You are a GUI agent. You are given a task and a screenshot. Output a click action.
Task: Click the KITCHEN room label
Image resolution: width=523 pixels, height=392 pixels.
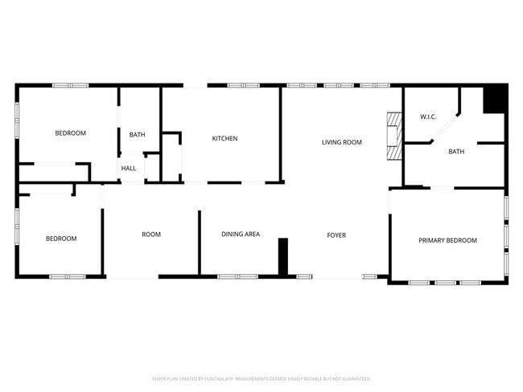(224, 138)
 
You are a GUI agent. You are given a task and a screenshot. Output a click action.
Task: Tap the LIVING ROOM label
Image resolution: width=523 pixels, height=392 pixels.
(342, 142)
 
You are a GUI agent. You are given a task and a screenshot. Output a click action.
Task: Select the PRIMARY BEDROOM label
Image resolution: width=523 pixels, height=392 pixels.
(447, 240)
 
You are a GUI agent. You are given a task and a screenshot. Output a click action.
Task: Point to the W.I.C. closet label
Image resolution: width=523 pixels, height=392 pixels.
(428, 117)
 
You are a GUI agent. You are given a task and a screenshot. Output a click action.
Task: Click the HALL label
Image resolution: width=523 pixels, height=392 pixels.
(129, 168)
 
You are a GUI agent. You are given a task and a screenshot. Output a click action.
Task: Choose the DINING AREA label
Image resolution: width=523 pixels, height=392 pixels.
(241, 235)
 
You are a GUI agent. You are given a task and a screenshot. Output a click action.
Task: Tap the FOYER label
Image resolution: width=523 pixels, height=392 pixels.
(336, 235)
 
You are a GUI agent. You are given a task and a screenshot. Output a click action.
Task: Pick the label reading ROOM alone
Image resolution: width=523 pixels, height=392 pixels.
(151, 235)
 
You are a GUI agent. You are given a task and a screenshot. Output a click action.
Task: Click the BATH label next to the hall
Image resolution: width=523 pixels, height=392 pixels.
(138, 134)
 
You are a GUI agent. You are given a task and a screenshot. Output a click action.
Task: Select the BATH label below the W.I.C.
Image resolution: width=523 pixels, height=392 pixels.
(456, 152)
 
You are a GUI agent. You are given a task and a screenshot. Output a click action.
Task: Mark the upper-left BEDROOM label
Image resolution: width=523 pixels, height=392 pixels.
(70, 133)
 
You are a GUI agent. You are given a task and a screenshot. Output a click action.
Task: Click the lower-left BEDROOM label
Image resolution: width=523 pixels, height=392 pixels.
(61, 239)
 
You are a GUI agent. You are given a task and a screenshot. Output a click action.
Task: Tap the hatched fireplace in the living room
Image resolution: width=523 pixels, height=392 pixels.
(393, 137)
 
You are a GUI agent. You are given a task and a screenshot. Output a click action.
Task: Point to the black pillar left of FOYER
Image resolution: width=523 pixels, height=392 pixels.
(283, 257)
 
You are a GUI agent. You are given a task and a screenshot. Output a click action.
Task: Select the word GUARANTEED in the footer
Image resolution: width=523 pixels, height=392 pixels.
(353, 378)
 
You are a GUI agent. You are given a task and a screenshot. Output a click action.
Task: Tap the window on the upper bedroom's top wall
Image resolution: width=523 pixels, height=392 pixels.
(70, 85)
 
